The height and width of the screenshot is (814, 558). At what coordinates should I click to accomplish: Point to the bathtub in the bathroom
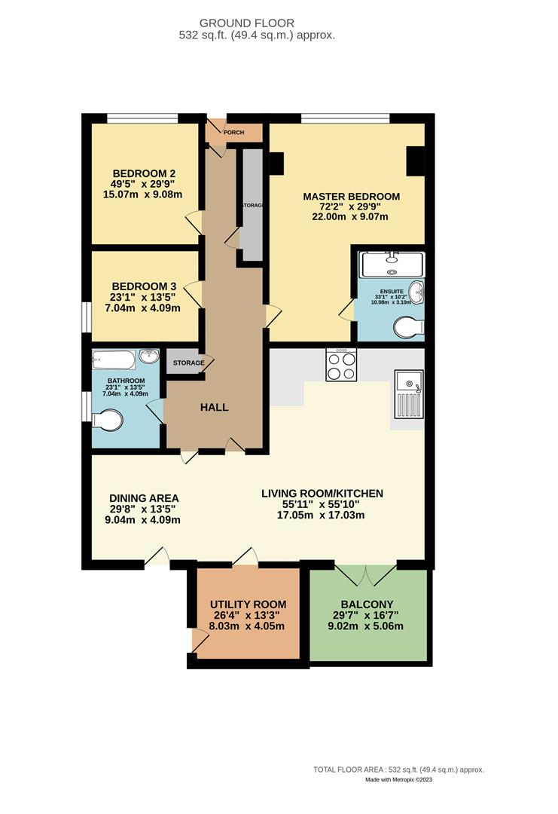pos(114,357)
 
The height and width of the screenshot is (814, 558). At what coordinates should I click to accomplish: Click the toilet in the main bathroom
pos(106,420)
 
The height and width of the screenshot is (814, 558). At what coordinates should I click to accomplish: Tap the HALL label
pos(214,408)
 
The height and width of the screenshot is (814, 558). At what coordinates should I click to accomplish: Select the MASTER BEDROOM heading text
pos(351,196)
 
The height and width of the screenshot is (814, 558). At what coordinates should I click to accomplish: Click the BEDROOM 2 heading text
pos(144,172)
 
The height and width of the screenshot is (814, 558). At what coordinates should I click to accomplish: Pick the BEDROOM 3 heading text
pos(144,286)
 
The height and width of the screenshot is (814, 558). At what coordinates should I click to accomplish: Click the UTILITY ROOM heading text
pos(248,604)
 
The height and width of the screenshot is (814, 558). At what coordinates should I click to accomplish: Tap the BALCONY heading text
pos(367,604)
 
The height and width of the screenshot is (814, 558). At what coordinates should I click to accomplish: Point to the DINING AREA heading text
pos(144,498)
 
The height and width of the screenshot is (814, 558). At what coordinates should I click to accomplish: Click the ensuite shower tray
pos(392,265)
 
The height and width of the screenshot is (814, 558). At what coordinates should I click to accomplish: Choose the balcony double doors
pos(365,574)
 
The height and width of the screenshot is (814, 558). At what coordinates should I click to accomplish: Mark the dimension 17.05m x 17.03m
pos(322,516)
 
